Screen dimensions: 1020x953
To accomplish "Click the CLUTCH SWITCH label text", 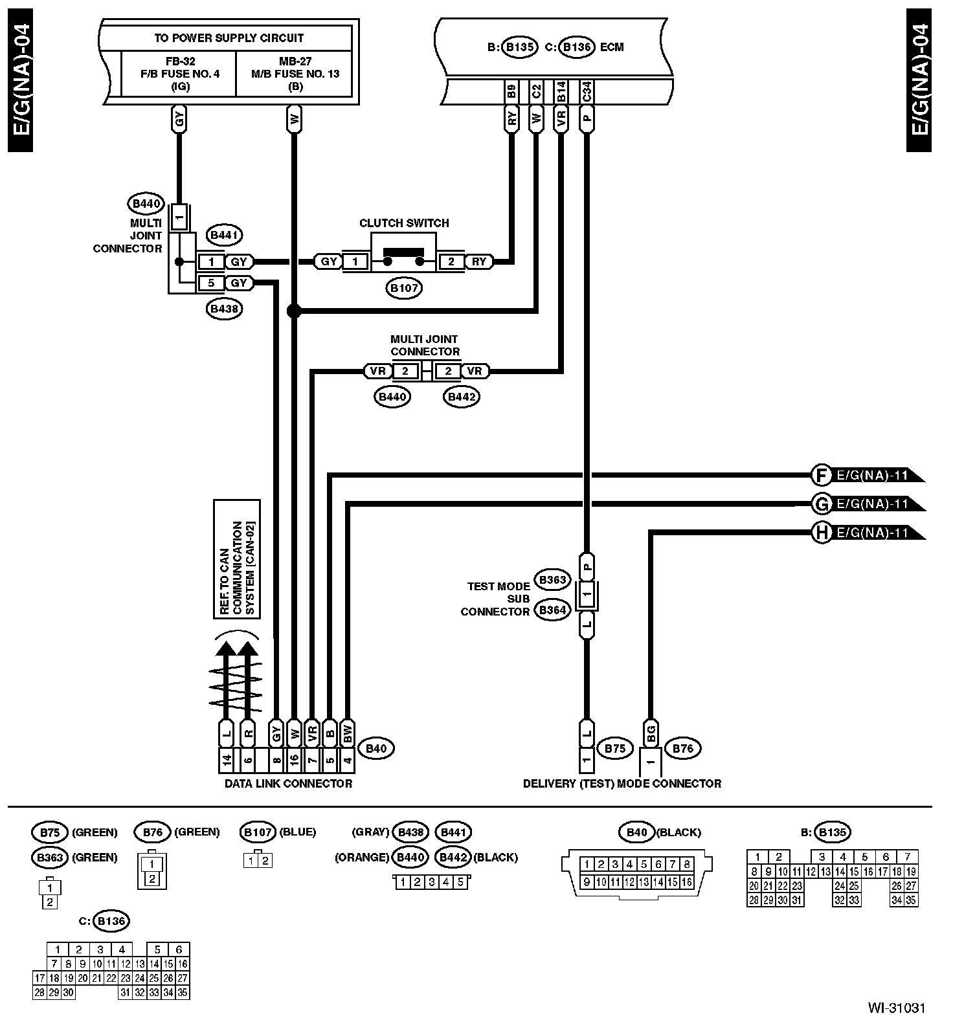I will pyautogui.click(x=404, y=223).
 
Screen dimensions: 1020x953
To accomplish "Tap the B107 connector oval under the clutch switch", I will pyautogui.click(x=405, y=288).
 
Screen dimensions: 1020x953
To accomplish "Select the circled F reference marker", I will pyautogui.click(x=821, y=476).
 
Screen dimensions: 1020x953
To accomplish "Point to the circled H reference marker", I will pyautogui.click(x=821, y=533).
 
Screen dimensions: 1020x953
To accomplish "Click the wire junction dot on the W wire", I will pyautogui.click(x=294, y=311).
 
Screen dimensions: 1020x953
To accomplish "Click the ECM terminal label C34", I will pyautogui.click(x=587, y=91).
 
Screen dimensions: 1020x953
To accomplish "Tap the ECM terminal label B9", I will pyautogui.click(x=511, y=91).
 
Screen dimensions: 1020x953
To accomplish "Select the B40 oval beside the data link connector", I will pyautogui.click(x=376, y=749).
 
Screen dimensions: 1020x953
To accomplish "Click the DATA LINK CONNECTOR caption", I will pyautogui.click(x=288, y=784).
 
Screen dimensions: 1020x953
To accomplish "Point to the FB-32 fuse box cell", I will pyautogui.click(x=179, y=74).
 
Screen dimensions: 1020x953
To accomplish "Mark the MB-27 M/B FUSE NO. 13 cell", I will pyautogui.click(x=295, y=74).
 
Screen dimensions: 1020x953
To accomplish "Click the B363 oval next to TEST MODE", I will pyautogui.click(x=552, y=580).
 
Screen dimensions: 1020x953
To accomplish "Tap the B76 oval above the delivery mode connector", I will pyautogui.click(x=682, y=749).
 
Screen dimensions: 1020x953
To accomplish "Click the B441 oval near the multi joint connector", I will pyautogui.click(x=225, y=235).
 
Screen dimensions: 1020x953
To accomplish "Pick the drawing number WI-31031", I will pyautogui.click(x=897, y=1008).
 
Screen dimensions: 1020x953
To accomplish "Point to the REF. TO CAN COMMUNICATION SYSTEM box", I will pyautogui.click(x=237, y=559).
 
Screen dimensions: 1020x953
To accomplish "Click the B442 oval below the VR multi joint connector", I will pyautogui.click(x=461, y=397).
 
